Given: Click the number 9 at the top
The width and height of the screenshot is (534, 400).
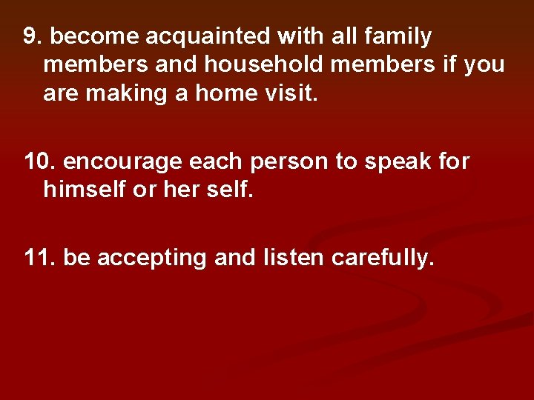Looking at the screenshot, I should [30, 36].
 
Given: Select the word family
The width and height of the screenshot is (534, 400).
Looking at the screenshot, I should [395, 36].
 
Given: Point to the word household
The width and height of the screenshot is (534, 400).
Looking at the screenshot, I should [263, 65].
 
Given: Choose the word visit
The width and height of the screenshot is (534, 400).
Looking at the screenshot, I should [290, 95].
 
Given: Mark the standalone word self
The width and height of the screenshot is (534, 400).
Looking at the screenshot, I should [230, 191].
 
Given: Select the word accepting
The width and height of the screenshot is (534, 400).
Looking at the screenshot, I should [153, 259].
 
